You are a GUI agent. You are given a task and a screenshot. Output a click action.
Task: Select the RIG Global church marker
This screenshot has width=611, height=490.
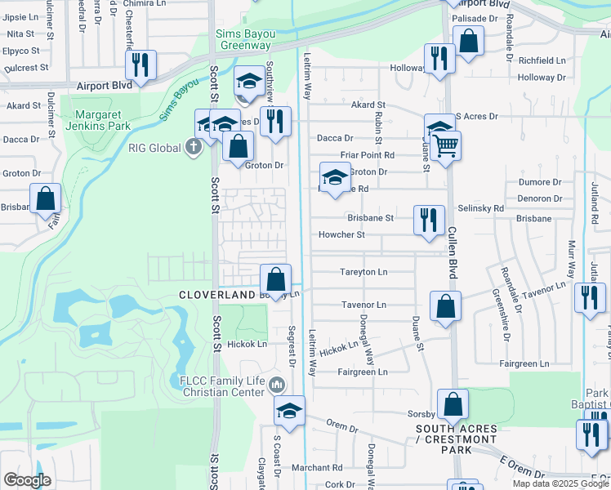click(193, 148)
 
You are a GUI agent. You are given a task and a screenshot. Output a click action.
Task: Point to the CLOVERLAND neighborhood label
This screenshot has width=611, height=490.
click(217, 294)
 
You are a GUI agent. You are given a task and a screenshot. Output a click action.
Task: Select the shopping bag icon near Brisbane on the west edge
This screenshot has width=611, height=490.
click(46, 198)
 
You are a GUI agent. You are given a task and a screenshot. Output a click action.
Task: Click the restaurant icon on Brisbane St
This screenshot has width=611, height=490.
click(429, 220)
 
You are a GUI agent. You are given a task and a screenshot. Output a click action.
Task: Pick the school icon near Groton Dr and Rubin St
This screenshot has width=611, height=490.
click(334, 179)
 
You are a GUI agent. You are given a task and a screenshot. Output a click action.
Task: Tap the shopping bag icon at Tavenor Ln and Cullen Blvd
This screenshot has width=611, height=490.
click(446, 307)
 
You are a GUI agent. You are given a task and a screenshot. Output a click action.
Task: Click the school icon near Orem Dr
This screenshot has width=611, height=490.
click(289, 412)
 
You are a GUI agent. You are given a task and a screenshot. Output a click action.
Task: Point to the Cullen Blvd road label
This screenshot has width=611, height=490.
click(451, 252)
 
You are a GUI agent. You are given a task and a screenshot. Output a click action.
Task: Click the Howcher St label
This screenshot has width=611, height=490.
click(341, 235)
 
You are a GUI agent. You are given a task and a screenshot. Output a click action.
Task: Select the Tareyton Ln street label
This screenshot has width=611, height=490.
click(363, 272)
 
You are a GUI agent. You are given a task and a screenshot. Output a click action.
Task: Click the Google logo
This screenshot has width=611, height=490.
click(26, 479)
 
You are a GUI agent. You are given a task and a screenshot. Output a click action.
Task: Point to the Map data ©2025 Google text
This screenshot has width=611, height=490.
click(560, 483)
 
